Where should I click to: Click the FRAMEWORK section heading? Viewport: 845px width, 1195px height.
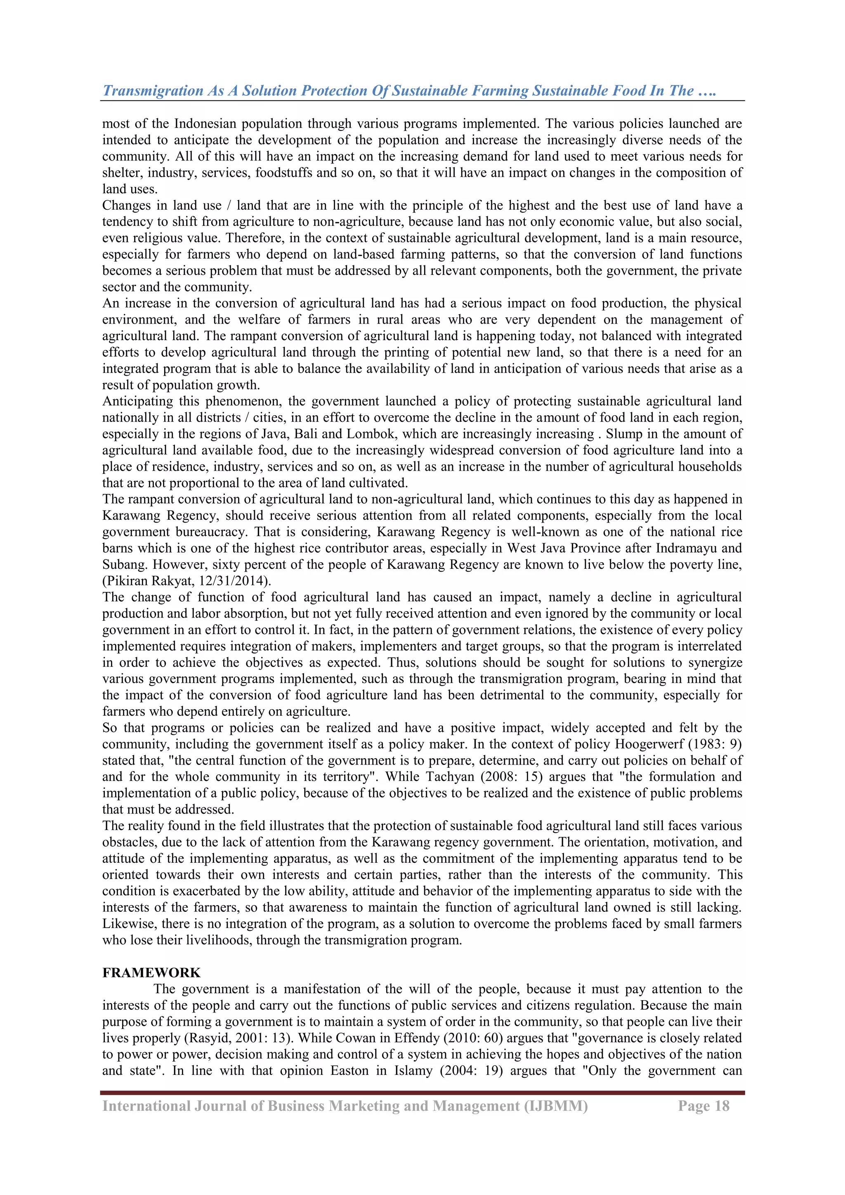click(151, 973)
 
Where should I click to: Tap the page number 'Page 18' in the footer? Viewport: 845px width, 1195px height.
click(703, 1106)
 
